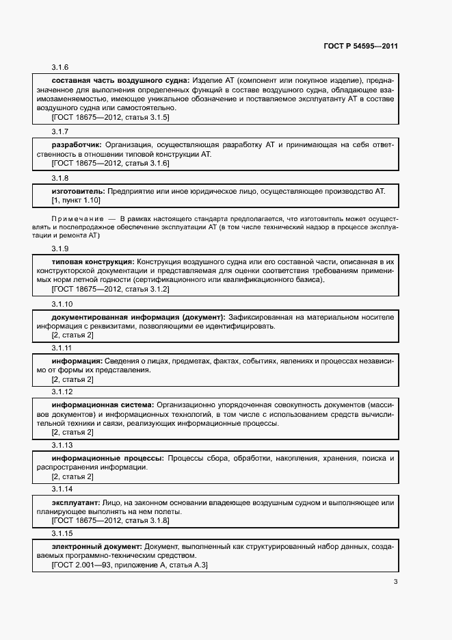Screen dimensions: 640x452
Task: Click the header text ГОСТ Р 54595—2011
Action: click(x=360, y=47)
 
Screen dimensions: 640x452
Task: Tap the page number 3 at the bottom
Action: click(x=395, y=582)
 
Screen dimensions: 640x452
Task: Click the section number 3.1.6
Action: click(x=60, y=68)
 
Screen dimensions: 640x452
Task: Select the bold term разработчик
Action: click(x=77, y=145)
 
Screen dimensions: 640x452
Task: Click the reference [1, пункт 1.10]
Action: click(x=76, y=200)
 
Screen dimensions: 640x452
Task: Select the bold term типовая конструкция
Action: click(x=92, y=262)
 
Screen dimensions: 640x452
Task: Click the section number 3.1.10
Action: click(x=62, y=303)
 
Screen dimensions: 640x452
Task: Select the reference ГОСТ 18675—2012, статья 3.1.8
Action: click(x=110, y=520)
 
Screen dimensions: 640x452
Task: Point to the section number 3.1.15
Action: click(x=62, y=533)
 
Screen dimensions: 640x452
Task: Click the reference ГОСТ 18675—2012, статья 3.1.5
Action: click(x=110, y=117)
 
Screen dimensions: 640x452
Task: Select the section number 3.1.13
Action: click(x=62, y=444)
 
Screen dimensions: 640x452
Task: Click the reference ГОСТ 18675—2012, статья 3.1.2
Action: click(x=110, y=289)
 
